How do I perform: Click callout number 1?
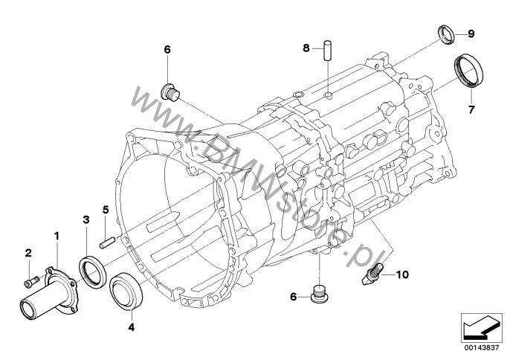(55, 237)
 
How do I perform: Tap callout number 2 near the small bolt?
(28, 254)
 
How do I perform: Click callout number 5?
(106, 210)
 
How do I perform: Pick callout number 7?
(470, 109)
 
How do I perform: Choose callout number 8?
(305, 48)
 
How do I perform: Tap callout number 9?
(471, 34)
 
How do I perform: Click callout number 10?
(402, 274)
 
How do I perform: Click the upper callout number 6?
(167, 49)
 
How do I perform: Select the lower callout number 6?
(294, 296)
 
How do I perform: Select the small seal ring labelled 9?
(446, 33)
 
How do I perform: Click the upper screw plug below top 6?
(170, 93)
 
